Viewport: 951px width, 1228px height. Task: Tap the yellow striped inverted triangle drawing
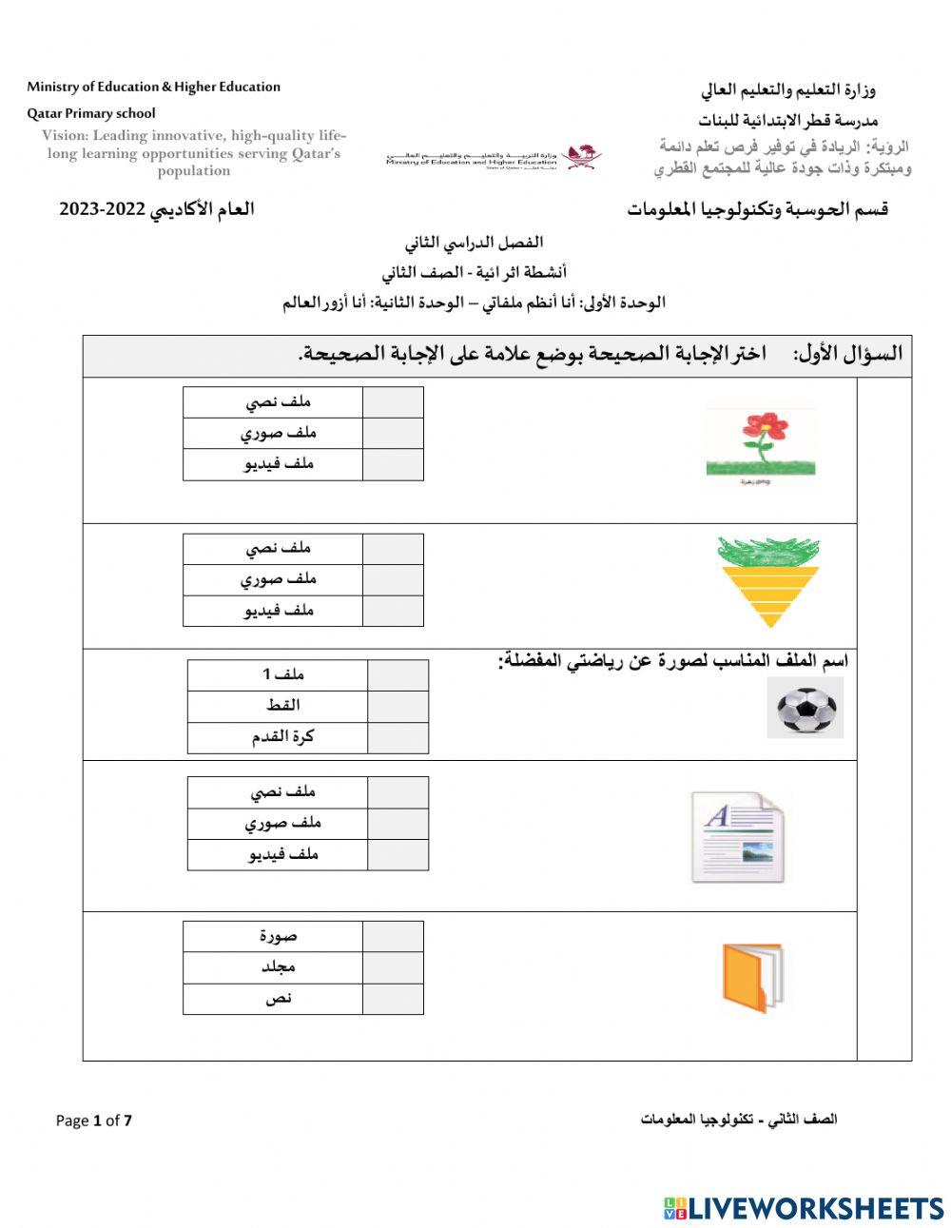tap(768, 581)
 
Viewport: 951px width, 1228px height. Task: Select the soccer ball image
tap(805, 710)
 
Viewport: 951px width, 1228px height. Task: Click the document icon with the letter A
tap(737, 836)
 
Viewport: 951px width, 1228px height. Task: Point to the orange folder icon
tap(751, 978)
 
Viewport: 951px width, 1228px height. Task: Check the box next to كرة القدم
tap(398, 737)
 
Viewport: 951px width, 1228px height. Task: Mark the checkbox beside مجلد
tap(393, 967)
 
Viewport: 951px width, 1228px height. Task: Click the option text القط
tap(282, 706)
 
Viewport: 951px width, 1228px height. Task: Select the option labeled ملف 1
tap(282, 674)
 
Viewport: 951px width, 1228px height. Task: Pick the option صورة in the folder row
tap(278, 936)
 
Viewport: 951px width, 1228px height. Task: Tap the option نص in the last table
tap(278, 999)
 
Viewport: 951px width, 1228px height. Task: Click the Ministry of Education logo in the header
tap(491, 157)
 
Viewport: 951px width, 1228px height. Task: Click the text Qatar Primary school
tap(91, 113)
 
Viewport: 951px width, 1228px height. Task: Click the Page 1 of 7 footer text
tap(94, 1121)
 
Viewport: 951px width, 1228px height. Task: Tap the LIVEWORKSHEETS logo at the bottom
tap(804, 1208)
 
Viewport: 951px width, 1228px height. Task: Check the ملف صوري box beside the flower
tap(393, 433)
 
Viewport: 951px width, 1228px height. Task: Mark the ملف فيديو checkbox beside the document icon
tap(398, 854)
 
